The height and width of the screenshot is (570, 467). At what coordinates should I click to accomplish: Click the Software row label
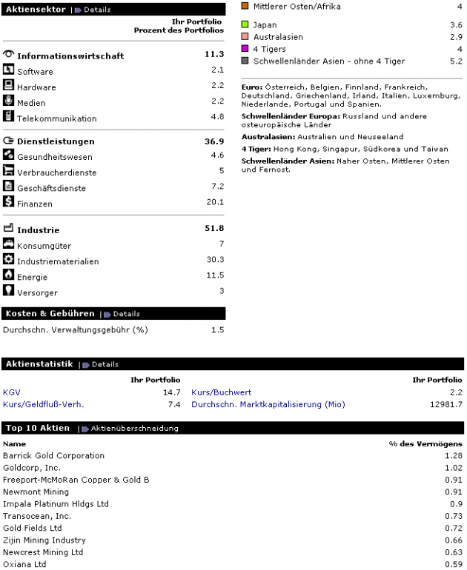tap(35, 72)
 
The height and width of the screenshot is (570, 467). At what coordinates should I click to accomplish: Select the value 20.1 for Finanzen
tap(215, 203)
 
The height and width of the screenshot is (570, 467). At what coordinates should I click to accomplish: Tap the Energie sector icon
tap(9, 275)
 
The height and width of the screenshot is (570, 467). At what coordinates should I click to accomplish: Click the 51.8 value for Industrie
tap(213, 229)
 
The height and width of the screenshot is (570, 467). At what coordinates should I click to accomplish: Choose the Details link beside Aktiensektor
tap(96, 10)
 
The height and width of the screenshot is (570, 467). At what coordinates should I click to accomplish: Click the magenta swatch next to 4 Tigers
tap(246, 49)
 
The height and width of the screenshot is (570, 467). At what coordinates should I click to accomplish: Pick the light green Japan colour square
tap(246, 25)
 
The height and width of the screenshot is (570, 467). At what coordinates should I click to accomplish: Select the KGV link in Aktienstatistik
tap(13, 392)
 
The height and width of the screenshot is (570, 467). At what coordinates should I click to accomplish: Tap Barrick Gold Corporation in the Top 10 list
tap(53, 455)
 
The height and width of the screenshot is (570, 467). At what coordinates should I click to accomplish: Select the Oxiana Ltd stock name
tap(24, 564)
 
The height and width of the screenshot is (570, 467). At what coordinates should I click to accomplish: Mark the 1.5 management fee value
tap(217, 329)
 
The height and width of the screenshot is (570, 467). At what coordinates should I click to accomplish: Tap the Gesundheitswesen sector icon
tap(9, 155)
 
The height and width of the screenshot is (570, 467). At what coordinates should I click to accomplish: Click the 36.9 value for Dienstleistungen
tap(213, 141)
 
